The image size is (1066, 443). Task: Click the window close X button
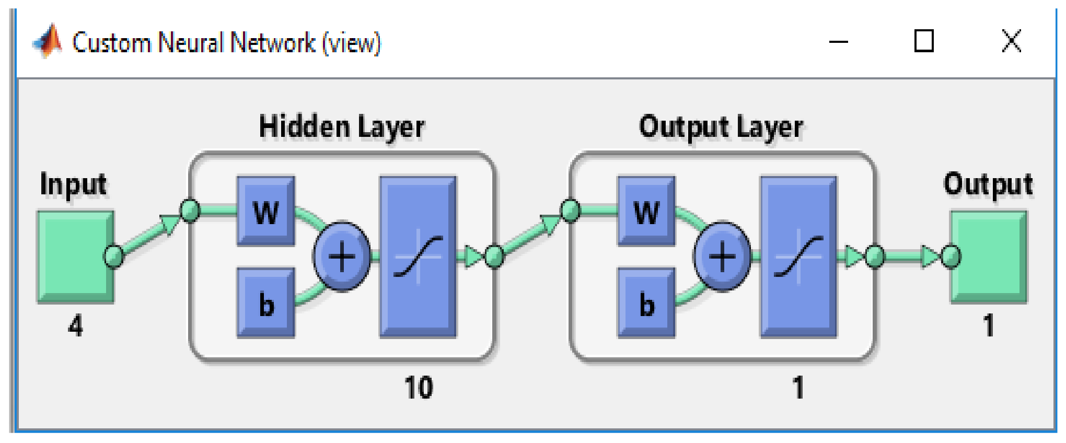[1012, 41]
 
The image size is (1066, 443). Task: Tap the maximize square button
[924, 41]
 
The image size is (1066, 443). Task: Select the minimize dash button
[839, 42]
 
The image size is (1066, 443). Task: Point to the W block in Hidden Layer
[266, 212]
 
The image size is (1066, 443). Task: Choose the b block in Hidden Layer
[266, 303]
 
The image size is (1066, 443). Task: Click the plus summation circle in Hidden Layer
[342, 257]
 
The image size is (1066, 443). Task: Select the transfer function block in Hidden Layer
[418, 257]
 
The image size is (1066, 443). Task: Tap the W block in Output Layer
[646, 212]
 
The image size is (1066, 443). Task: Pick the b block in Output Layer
[646, 303]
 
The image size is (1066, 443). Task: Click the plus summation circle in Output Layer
[723, 257]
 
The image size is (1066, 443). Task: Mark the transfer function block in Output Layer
[798, 257]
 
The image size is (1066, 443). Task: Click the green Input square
[75, 257]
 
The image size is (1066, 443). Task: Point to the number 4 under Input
[76, 326]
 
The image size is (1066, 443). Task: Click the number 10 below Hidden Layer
[419, 388]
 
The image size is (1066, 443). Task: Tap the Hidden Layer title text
[342, 127]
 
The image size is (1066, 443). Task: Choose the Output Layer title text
[721, 127]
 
